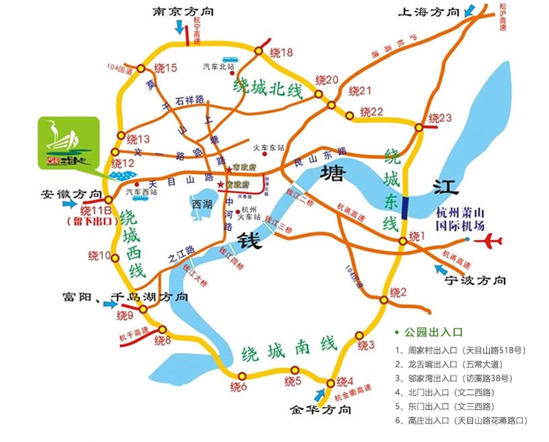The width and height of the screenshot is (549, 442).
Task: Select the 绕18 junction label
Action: tap(281, 53)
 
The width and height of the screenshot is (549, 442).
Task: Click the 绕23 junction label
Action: tap(441, 118)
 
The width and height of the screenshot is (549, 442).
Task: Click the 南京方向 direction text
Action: tap(185, 12)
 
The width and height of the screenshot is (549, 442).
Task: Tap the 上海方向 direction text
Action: tap(428, 12)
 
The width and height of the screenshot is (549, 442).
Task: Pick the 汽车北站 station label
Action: tap(219, 67)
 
